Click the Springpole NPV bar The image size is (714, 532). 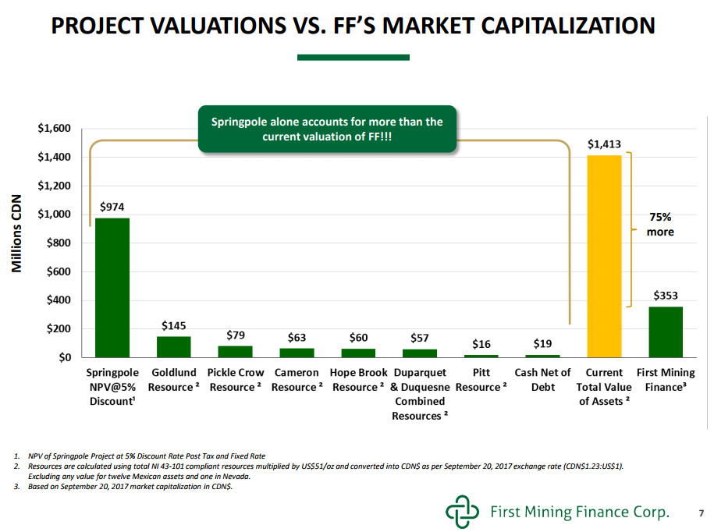click(112, 287)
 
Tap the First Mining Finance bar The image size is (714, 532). click(666, 332)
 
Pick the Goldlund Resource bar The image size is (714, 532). click(173, 346)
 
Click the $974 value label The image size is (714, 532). click(112, 207)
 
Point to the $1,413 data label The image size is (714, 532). click(604, 144)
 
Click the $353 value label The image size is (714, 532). click(666, 296)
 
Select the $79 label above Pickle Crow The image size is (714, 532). click(236, 335)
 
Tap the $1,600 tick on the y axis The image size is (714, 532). click(55, 129)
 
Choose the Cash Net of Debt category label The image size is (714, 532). click(542, 380)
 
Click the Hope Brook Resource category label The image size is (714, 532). click(358, 380)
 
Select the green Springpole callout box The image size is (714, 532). click(327, 129)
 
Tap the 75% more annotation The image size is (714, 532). click(660, 225)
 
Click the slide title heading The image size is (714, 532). click(353, 26)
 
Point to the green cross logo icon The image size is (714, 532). click(461, 511)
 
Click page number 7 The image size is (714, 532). click(701, 512)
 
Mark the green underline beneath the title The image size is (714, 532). click(353, 57)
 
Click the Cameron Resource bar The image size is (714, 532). click(297, 353)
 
